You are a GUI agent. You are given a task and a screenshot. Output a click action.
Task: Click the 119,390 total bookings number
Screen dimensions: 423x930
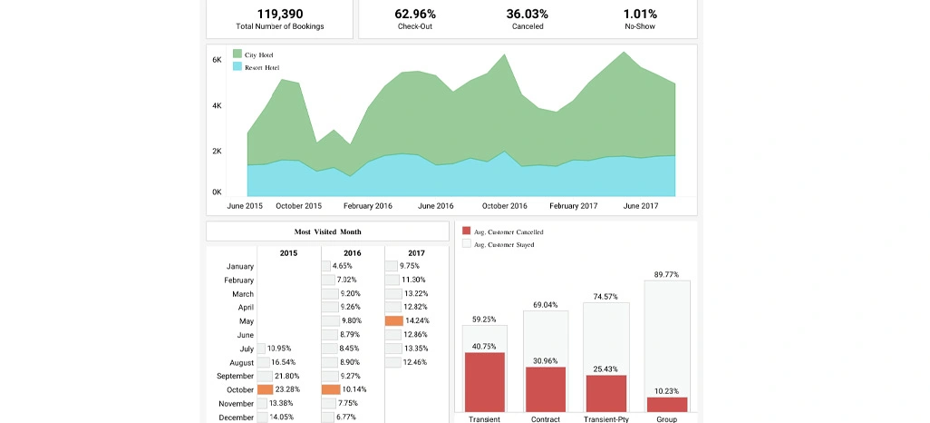(279, 14)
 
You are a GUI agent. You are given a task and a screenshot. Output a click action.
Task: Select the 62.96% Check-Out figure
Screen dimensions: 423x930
(415, 14)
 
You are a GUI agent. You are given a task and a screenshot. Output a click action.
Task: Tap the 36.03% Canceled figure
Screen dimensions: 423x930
(528, 14)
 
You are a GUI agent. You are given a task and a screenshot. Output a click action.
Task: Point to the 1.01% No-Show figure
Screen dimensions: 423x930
(640, 14)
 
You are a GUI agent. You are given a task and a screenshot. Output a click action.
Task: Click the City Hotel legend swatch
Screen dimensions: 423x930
(237, 54)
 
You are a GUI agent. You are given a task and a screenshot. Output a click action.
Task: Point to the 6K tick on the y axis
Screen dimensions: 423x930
(218, 60)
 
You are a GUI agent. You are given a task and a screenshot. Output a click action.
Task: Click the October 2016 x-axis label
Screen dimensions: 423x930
(504, 206)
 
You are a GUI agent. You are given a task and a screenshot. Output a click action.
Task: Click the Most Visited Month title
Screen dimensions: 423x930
(327, 231)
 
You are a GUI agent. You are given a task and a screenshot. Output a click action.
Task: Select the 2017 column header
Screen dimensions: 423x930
(416, 253)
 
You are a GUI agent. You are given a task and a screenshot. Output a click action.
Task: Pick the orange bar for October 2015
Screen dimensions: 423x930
(265, 389)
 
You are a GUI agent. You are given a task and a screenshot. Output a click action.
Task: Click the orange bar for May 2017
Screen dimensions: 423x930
(393, 320)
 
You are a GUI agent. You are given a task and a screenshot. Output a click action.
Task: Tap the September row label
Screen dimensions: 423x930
(235, 376)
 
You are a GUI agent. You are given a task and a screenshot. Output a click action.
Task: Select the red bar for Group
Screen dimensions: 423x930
(667, 404)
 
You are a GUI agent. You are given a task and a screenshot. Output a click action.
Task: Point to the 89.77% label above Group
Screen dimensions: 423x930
(666, 274)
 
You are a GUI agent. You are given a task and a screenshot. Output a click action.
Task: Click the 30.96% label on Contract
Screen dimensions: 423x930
(546, 361)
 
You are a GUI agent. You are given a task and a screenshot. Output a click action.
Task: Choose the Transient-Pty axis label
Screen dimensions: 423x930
(606, 418)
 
